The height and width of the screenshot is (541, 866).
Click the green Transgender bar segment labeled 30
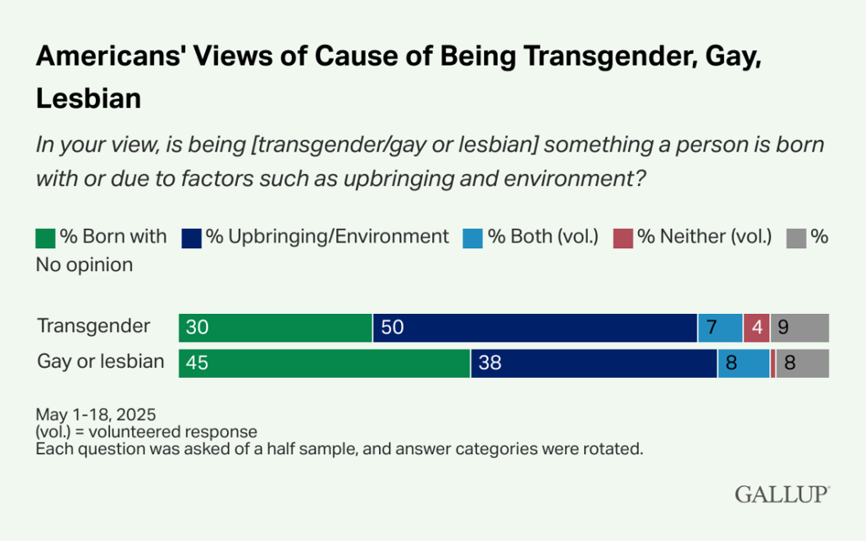point(276,328)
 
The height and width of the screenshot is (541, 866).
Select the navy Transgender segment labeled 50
point(535,328)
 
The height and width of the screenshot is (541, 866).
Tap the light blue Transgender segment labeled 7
point(720,328)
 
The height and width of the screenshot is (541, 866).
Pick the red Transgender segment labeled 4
point(755,328)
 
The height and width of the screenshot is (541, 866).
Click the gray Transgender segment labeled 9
point(799,328)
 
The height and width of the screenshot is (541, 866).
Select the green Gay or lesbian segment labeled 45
point(325,363)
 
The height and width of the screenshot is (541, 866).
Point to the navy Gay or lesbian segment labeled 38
point(594,363)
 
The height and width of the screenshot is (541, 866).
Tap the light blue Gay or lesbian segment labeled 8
point(743,363)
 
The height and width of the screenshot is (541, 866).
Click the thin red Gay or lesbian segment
point(773,363)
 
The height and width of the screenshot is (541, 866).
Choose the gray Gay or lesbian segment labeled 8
point(802,363)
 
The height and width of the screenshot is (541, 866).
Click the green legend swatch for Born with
point(45,238)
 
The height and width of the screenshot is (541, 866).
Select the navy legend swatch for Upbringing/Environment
point(191,238)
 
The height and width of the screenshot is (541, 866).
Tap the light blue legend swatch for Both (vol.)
point(473,238)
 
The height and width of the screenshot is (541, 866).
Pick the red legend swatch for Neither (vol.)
point(624,238)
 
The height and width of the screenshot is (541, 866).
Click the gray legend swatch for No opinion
point(796,238)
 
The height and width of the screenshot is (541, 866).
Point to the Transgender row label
point(93,326)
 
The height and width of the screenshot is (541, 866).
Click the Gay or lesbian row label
point(101,361)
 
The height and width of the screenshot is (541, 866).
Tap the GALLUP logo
point(782,494)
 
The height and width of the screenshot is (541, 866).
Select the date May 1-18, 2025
point(95,414)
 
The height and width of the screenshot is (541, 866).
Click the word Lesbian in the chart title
point(89,98)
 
